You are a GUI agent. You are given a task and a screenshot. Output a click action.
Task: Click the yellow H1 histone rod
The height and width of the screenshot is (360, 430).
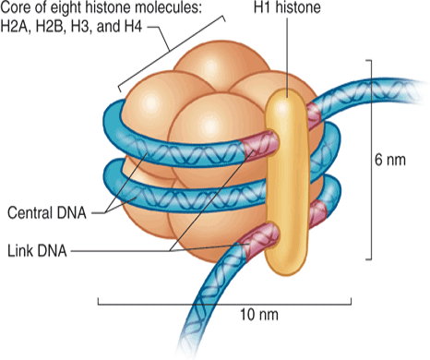285,185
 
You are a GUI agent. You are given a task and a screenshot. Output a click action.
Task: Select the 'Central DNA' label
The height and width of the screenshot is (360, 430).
47,214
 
